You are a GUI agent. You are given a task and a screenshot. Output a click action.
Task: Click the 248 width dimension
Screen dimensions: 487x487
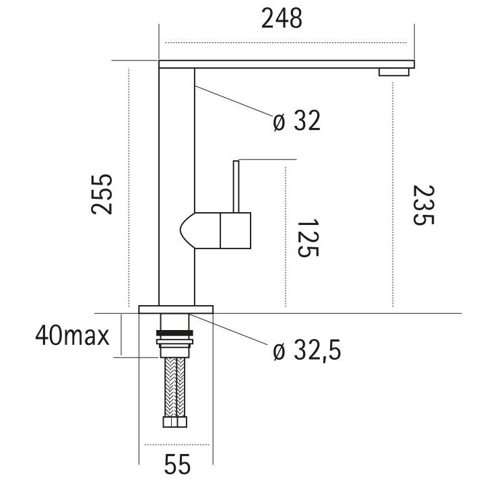point(282,20)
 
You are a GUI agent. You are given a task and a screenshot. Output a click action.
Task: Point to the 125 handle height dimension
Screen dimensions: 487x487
point(306,238)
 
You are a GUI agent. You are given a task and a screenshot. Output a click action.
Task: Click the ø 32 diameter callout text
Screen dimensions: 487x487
point(296,121)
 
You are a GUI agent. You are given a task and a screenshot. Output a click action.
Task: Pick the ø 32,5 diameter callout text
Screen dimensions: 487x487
point(306,351)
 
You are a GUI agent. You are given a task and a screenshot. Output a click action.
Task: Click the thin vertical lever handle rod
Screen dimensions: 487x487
point(236,185)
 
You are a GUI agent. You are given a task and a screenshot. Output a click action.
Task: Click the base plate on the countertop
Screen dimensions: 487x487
point(176,309)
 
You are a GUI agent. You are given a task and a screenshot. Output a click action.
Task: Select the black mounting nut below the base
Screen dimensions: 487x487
point(175,333)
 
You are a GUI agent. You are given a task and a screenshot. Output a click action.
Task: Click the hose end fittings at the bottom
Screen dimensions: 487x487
point(175,423)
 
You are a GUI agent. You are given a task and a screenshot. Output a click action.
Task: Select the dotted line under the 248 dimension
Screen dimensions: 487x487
point(286,44)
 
